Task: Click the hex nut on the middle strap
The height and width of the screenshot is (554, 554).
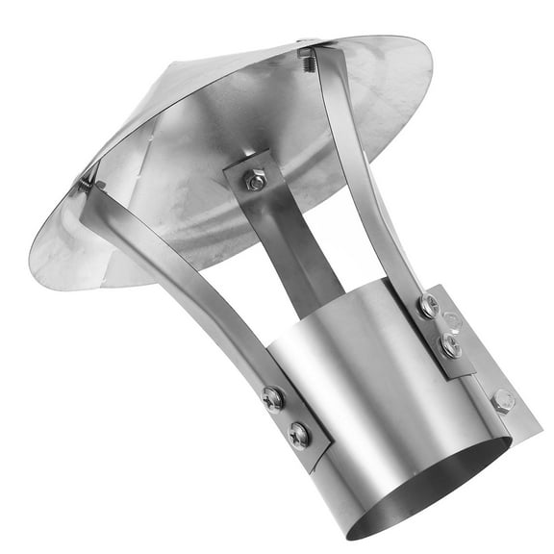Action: (x=255, y=180)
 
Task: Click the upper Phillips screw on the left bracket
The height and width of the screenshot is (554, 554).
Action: (x=274, y=398)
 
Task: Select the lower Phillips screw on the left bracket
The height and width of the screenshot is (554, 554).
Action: (x=300, y=435)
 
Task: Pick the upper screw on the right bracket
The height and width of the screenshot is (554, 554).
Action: (x=428, y=307)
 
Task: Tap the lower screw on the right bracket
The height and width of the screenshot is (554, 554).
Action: (x=451, y=345)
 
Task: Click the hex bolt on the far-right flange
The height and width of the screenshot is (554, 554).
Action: (x=503, y=399)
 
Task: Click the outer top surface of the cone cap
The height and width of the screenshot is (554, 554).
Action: (x=164, y=106)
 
